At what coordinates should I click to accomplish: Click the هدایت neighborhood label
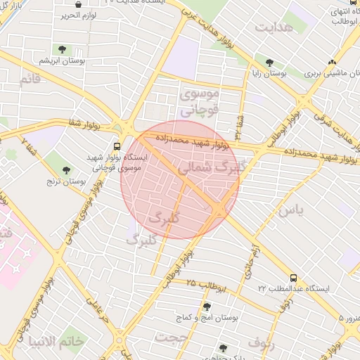tap(274, 27)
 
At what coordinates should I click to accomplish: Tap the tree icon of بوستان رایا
tap(269, 61)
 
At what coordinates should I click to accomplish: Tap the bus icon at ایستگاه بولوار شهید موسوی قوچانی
tap(116, 146)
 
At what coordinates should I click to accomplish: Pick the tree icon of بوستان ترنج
tap(67, 169)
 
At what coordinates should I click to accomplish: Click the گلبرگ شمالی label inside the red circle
tap(210, 168)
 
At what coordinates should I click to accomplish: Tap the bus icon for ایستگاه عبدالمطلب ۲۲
tap(292, 278)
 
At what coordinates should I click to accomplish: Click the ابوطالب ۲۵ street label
tap(205, 285)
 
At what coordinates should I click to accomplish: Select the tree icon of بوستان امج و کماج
tap(206, 307)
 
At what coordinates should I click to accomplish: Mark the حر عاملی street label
tap(97, 313)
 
